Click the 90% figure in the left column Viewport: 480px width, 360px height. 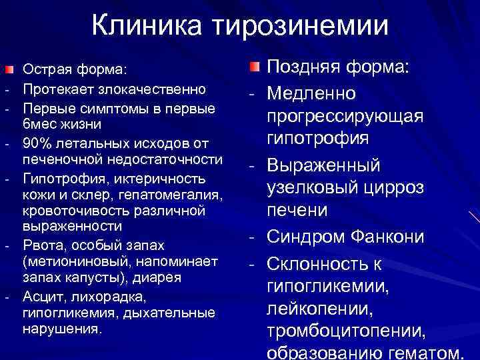[35, 143]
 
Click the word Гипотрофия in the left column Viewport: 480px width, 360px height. [57, 179]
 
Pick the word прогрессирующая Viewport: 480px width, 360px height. [345, 116]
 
